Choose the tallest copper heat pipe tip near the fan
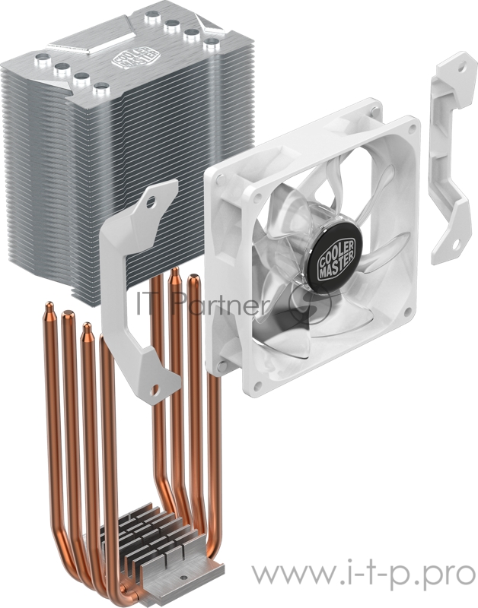[174, 274]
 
